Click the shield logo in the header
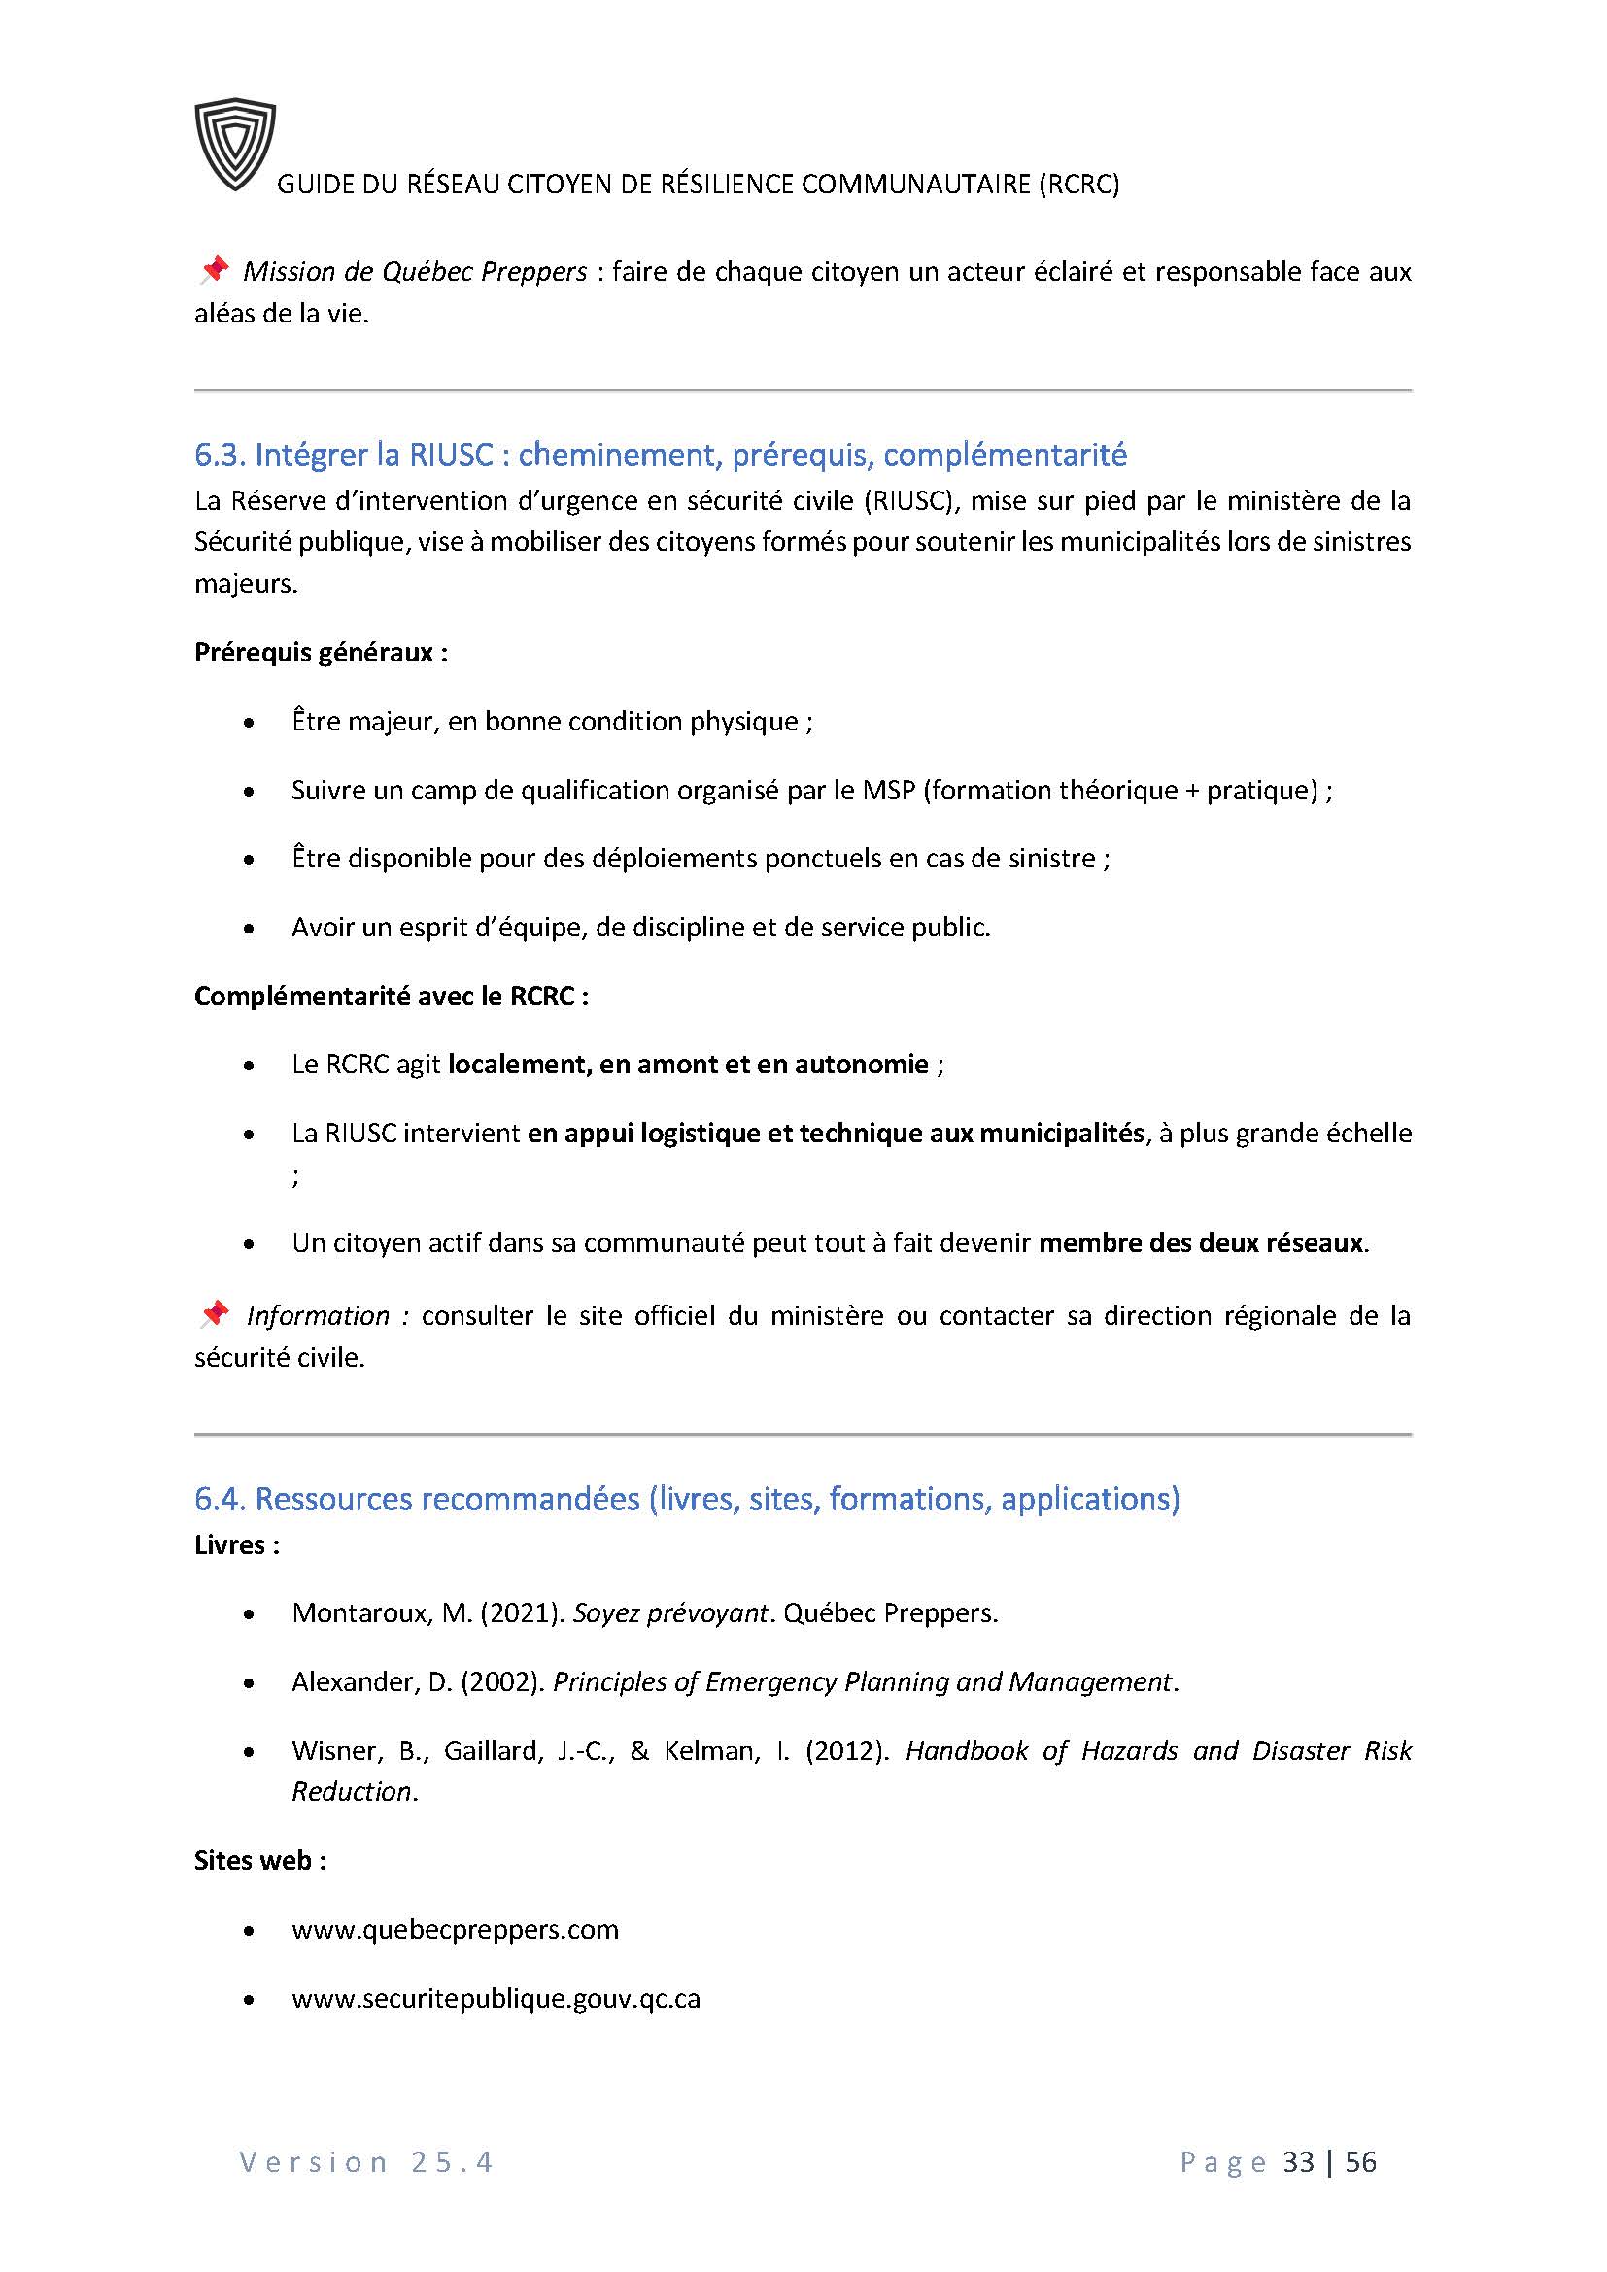pos(234,145)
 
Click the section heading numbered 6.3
pos(660,455)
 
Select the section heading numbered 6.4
pos(687,1498)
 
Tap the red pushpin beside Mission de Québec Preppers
pos(214,269)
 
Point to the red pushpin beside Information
pos(214,1314)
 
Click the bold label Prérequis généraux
pos(321,652)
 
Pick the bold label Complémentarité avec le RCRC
pos(391,996)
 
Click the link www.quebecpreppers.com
pos(455,1930)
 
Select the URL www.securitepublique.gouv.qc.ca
pos(496,1998)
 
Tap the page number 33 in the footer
pos(1298,2162)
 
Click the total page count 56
pos(1360,2162)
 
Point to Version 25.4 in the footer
pos(366,2162)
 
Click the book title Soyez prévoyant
pos(671,1613)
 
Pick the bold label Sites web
pos(259,1860)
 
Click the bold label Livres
pos(236,1544)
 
